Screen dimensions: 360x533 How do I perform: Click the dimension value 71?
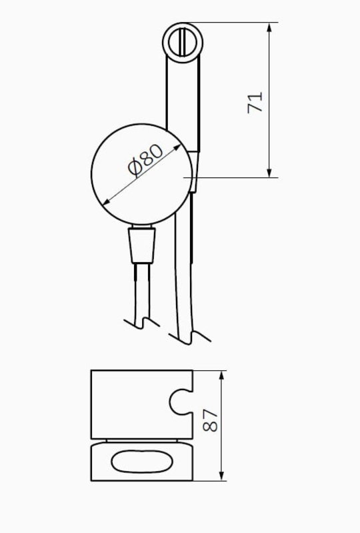pos(255,102)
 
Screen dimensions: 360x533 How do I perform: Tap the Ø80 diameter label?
pos(146,161)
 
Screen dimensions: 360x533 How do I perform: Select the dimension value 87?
pos(210,420)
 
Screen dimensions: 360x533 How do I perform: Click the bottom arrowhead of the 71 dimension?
pos(269,173)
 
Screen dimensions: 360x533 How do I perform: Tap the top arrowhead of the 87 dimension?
pos(221,376)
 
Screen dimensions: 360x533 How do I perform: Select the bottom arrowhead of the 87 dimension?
pos(221,476)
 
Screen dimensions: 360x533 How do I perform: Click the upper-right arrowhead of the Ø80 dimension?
pos(177,147)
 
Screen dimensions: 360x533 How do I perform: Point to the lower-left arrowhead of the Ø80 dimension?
pos(106,202)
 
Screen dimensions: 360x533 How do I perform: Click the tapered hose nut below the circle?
pos(141,245)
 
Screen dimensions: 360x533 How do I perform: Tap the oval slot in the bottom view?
pos(142,461)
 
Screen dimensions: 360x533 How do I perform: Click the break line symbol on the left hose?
pos(141,323)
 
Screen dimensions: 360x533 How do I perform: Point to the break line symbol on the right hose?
pos(190,336)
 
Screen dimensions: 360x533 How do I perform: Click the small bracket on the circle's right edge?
pos(193,172)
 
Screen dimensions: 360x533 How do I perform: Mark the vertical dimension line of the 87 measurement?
pos(221,426)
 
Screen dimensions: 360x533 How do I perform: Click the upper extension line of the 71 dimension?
pos(233,23)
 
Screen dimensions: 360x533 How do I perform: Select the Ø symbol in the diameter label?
pos(135,169)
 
